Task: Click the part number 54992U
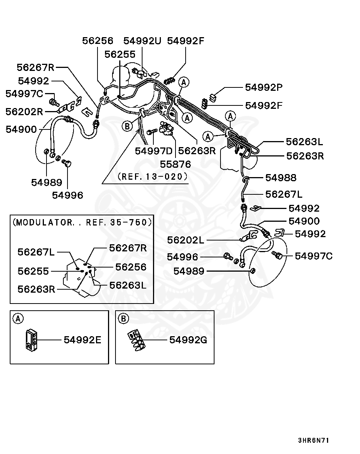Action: coord(142,41)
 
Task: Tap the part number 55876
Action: coord(175,164)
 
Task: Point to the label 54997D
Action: coord(154,151)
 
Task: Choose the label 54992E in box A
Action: coord(82,340)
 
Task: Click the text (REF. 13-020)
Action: coord(152,176)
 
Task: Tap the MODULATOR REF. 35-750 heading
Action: coord(82,222)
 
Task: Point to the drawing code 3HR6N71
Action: coord(313,440)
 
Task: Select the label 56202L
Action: coord(186,240)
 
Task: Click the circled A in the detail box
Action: coord(17,319)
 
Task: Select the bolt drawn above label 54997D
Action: coord(151,132)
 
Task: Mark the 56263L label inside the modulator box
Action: coord(128,285)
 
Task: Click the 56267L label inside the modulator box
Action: coord(36,252)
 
